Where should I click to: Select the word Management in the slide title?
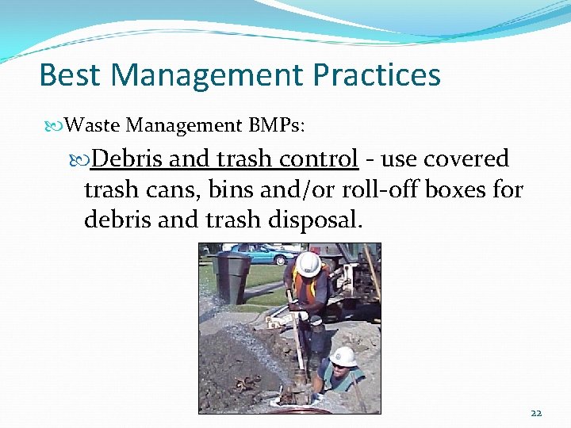tap(209, 75)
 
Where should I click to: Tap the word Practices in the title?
tap(377, 75)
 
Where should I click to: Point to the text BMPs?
tap(281, 124)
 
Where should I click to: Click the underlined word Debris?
tap(128, 159)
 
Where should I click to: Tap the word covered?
tap(466, 159)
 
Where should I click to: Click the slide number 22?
tap(536, 412)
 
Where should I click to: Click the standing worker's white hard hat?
tap(308, 262)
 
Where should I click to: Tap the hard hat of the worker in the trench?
tap(343, 356)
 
